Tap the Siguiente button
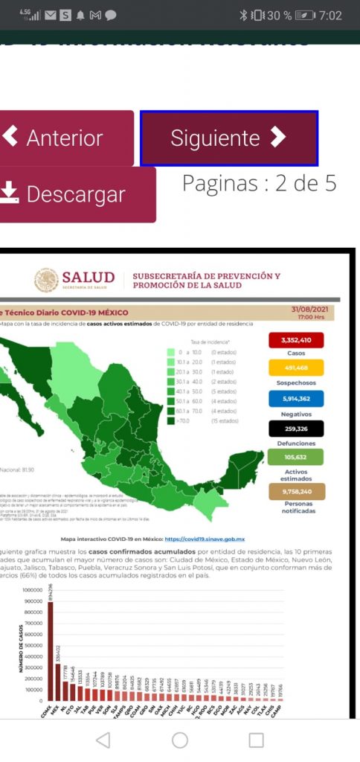point(229,138)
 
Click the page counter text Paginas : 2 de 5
point(260,183)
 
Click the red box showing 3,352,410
point(295,340)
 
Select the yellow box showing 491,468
point(295,368)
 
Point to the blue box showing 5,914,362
point(295,398)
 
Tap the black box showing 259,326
point(295,428)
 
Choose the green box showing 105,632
point(295,457)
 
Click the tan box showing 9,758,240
point(295,491)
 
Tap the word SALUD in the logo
point(88,278)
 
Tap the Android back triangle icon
point(103,740)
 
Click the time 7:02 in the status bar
point(330,15)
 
